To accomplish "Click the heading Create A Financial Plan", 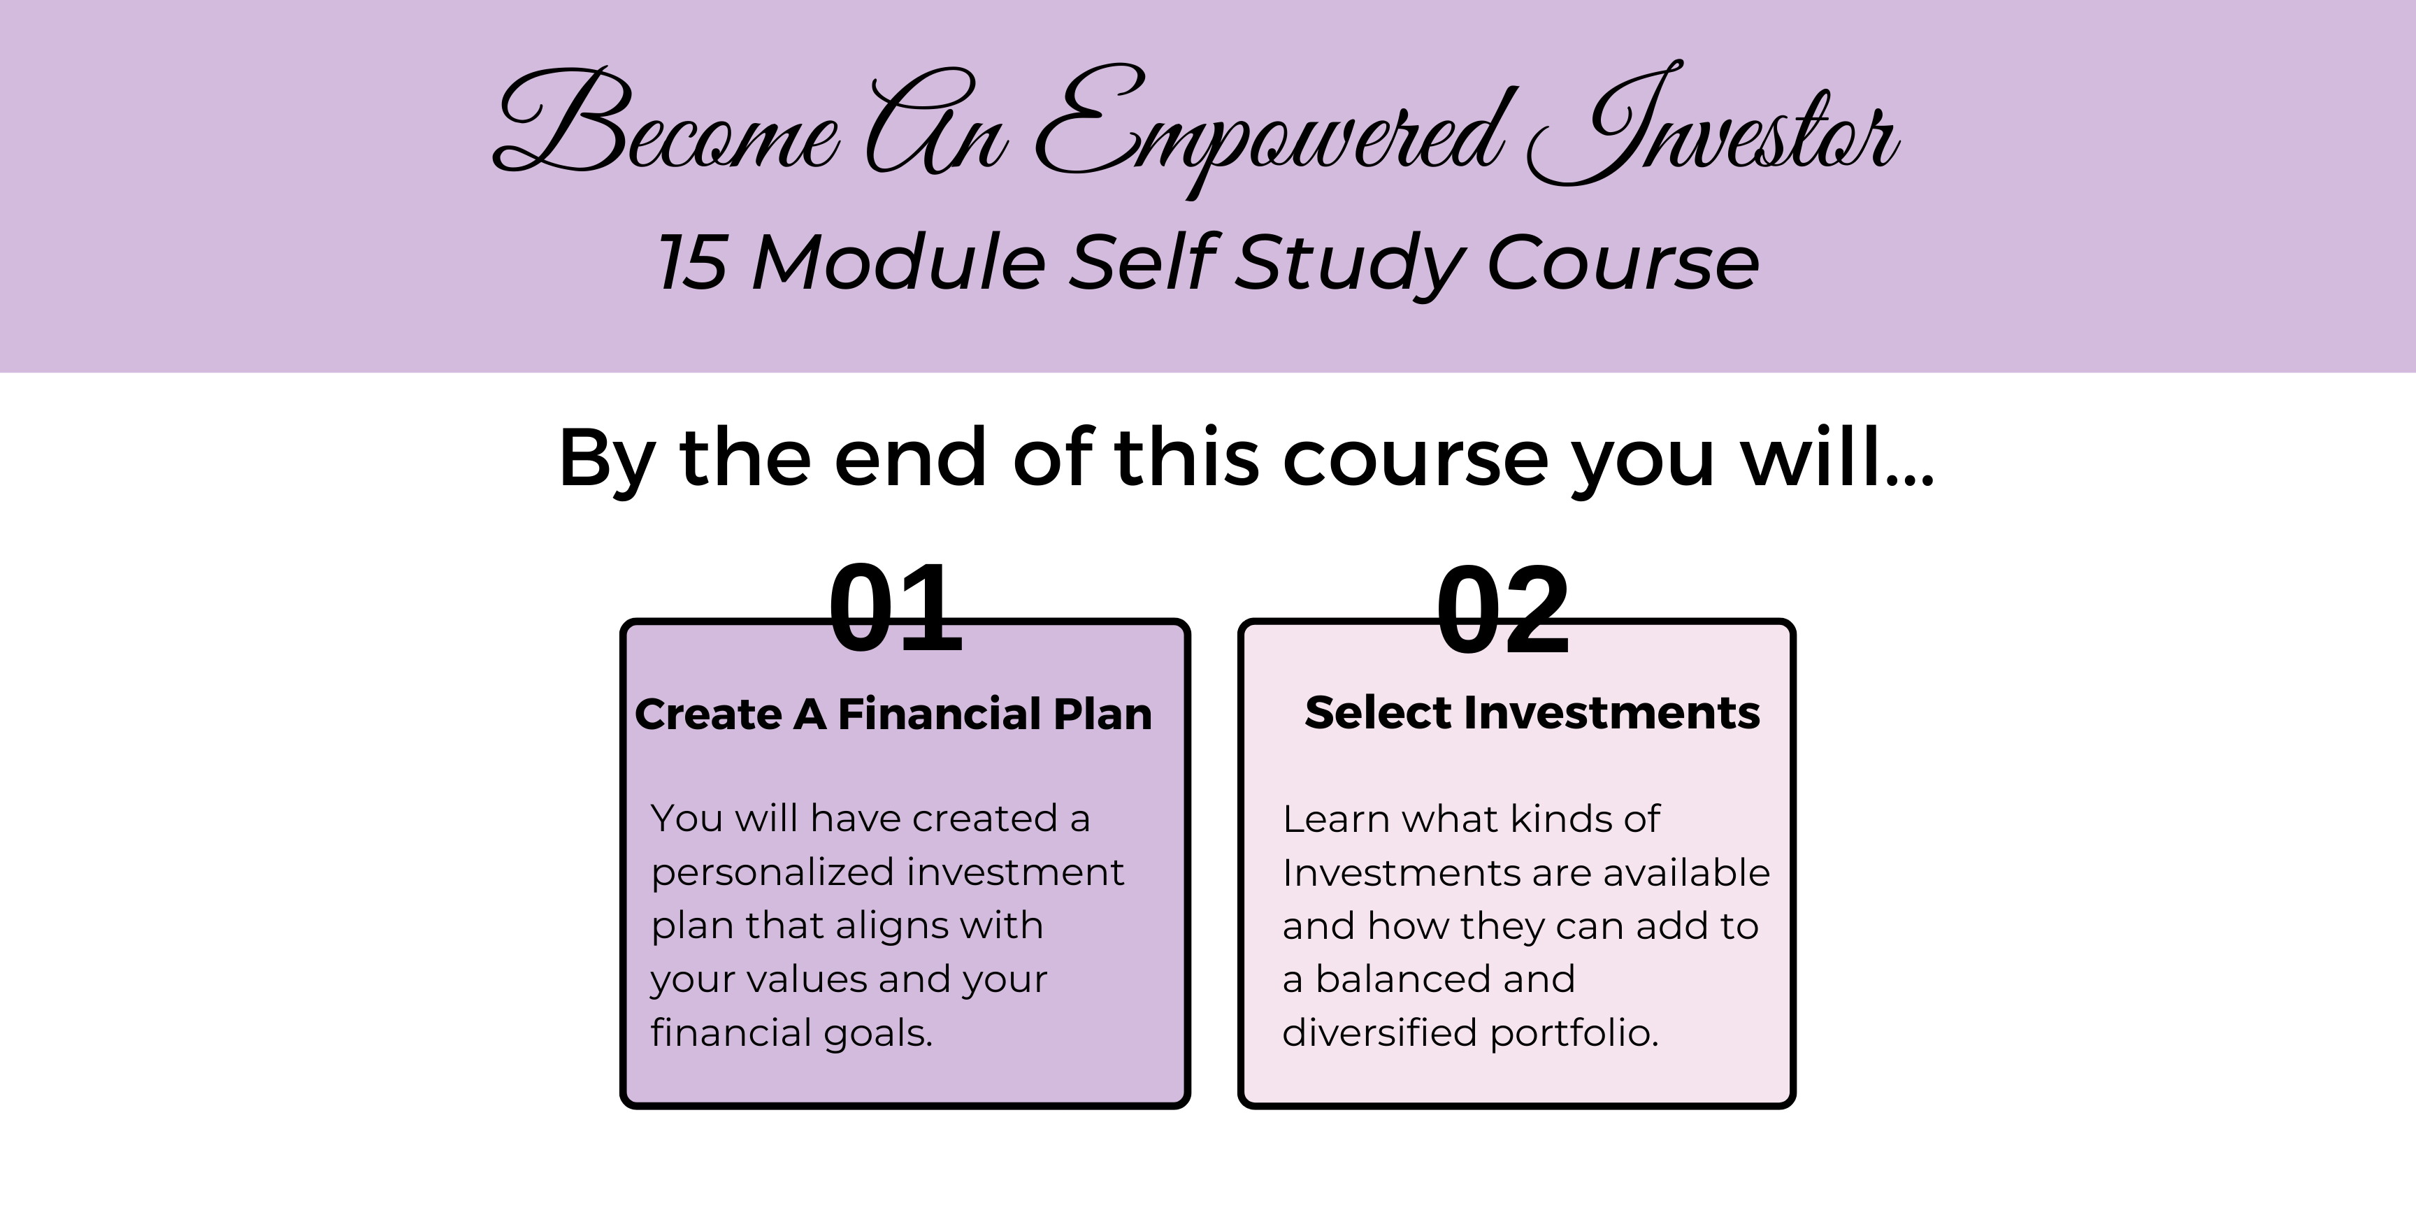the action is pyautogui.click(x=893, y=714).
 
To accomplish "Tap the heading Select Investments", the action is pyautogui.click(x=1532, y=713).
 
